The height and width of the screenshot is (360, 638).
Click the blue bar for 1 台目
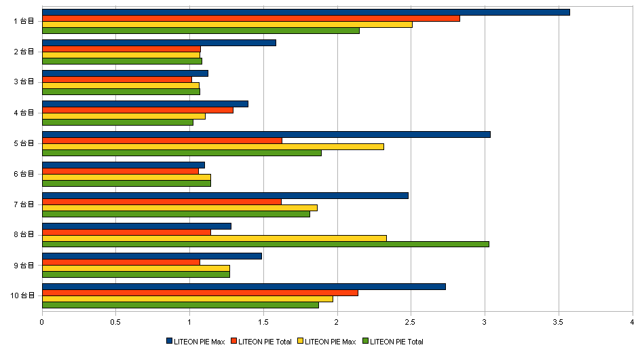[305, 12]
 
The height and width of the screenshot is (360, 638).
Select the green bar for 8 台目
[265, 244]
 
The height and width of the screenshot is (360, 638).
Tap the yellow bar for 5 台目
[213, 147]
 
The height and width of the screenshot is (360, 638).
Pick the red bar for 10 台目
[200, 293]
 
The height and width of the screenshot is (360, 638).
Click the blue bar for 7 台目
[225, 196]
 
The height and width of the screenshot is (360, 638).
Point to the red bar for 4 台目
[138, 110]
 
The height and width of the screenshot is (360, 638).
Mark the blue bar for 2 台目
[159, 43]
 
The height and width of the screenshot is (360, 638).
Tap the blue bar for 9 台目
[152, 256]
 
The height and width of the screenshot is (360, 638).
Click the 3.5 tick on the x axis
[558, 322]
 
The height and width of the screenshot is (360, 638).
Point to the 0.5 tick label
[115, 322]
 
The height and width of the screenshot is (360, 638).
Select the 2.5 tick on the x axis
[411, 322]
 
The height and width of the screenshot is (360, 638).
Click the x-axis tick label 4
[632, 322]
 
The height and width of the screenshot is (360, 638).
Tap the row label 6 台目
[24, 173]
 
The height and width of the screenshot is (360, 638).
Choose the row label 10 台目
[22, 295]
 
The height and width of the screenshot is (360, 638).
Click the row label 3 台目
[24, 82]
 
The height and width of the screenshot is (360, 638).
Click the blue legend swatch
[169, 341]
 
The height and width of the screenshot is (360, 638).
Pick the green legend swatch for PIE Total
[365, 341]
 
